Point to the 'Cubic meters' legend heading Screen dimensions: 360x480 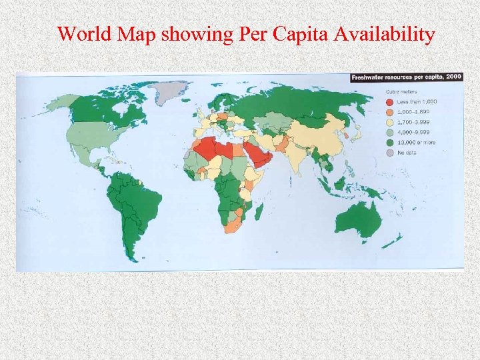coord(399,93)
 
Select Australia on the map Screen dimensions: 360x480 coord(356,216)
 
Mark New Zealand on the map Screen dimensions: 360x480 coord(397,239)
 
